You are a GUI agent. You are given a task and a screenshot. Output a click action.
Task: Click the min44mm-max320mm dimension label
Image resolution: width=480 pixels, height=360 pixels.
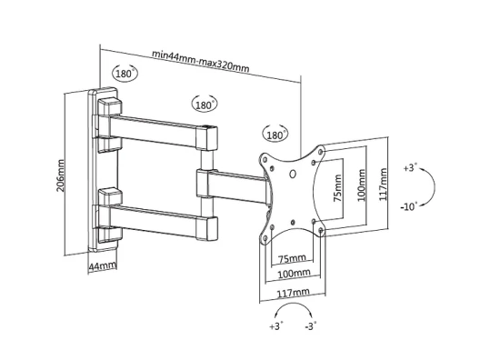click(x=201, y=62)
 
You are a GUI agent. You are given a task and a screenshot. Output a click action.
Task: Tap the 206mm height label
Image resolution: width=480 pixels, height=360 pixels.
click(x=61, y=175)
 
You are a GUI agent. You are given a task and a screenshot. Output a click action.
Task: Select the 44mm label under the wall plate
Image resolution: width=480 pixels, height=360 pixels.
click(x=103, y=266)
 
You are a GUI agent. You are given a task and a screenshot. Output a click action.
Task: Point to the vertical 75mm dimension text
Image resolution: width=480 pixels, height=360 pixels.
click(x=337, y=187)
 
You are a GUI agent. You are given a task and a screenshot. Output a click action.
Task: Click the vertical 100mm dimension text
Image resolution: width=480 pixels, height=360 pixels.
click(x=362, y=185)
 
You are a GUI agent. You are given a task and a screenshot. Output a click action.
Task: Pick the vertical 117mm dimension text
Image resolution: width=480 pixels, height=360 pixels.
click(x=383, y=184)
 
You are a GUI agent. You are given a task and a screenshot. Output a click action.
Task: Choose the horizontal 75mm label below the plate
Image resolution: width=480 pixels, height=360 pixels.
click(x=292, y=259)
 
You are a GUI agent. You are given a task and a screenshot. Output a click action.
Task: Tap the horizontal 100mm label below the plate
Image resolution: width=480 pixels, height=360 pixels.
click(x=294, y=273)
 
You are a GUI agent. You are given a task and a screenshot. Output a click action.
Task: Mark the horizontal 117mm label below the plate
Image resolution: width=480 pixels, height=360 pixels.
click(x=293, y=293)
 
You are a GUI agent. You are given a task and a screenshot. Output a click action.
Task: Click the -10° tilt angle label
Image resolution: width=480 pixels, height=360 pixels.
click(x=409, y=206)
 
